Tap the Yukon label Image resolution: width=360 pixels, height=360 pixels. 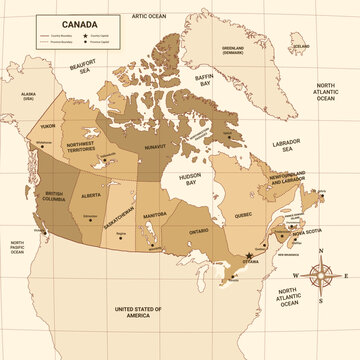pyautogui.click(x=48, y=127)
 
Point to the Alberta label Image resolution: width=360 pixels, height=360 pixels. pyautogui.click(x=92, y=196)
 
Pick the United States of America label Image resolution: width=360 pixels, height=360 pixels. pyautogui.click(x=137, y=314)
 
